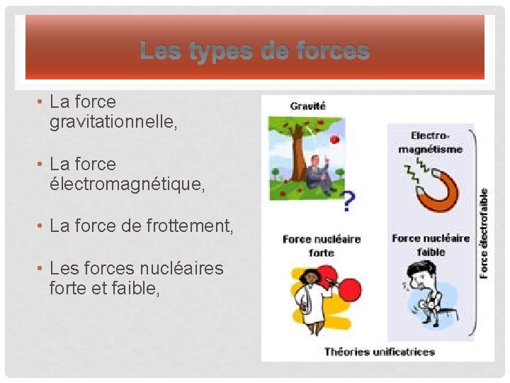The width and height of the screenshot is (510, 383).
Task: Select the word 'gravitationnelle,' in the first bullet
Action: [113, 123]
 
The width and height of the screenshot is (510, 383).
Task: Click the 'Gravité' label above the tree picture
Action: [307, 106]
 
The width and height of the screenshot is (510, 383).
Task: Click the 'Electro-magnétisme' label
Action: [431, 142]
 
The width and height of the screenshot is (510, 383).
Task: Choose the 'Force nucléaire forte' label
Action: [321, 245]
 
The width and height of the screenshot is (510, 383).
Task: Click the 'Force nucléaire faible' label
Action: [431, 245]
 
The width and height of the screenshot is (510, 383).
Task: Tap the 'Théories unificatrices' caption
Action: [379, 351]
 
